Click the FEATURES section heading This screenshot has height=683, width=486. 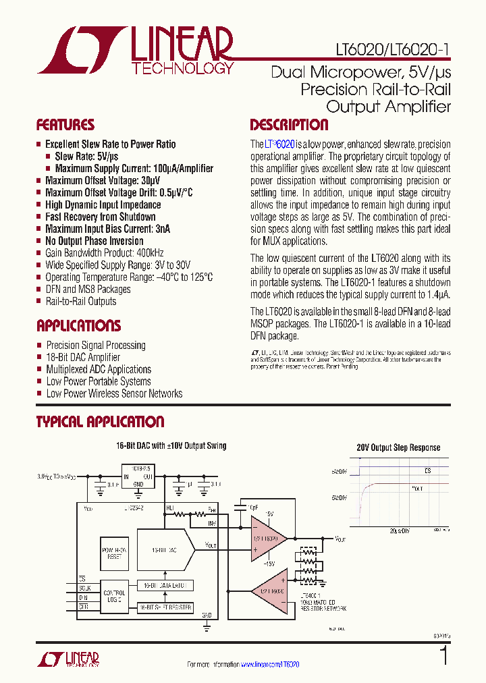coord(65,125)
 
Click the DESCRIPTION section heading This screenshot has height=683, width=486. coord(289,125)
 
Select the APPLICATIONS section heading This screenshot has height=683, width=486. coord(78,325)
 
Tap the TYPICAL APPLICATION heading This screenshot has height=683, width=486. coord(100,422)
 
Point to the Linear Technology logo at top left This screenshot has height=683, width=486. coord(135,50)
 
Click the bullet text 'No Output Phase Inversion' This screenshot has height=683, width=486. coord(94,241)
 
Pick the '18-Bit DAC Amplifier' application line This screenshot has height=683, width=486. coord(83,357)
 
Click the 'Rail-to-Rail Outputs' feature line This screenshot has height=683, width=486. coord(80,302)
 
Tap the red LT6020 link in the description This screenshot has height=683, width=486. coord(279,144)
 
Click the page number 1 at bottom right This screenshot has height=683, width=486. coord(443,656)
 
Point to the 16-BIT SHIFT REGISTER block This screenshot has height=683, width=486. coord(165,608)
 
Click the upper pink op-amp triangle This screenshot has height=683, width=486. coord(267,537)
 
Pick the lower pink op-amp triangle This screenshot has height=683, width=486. coord(267,591)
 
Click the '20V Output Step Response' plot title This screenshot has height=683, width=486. coord(398,447)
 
